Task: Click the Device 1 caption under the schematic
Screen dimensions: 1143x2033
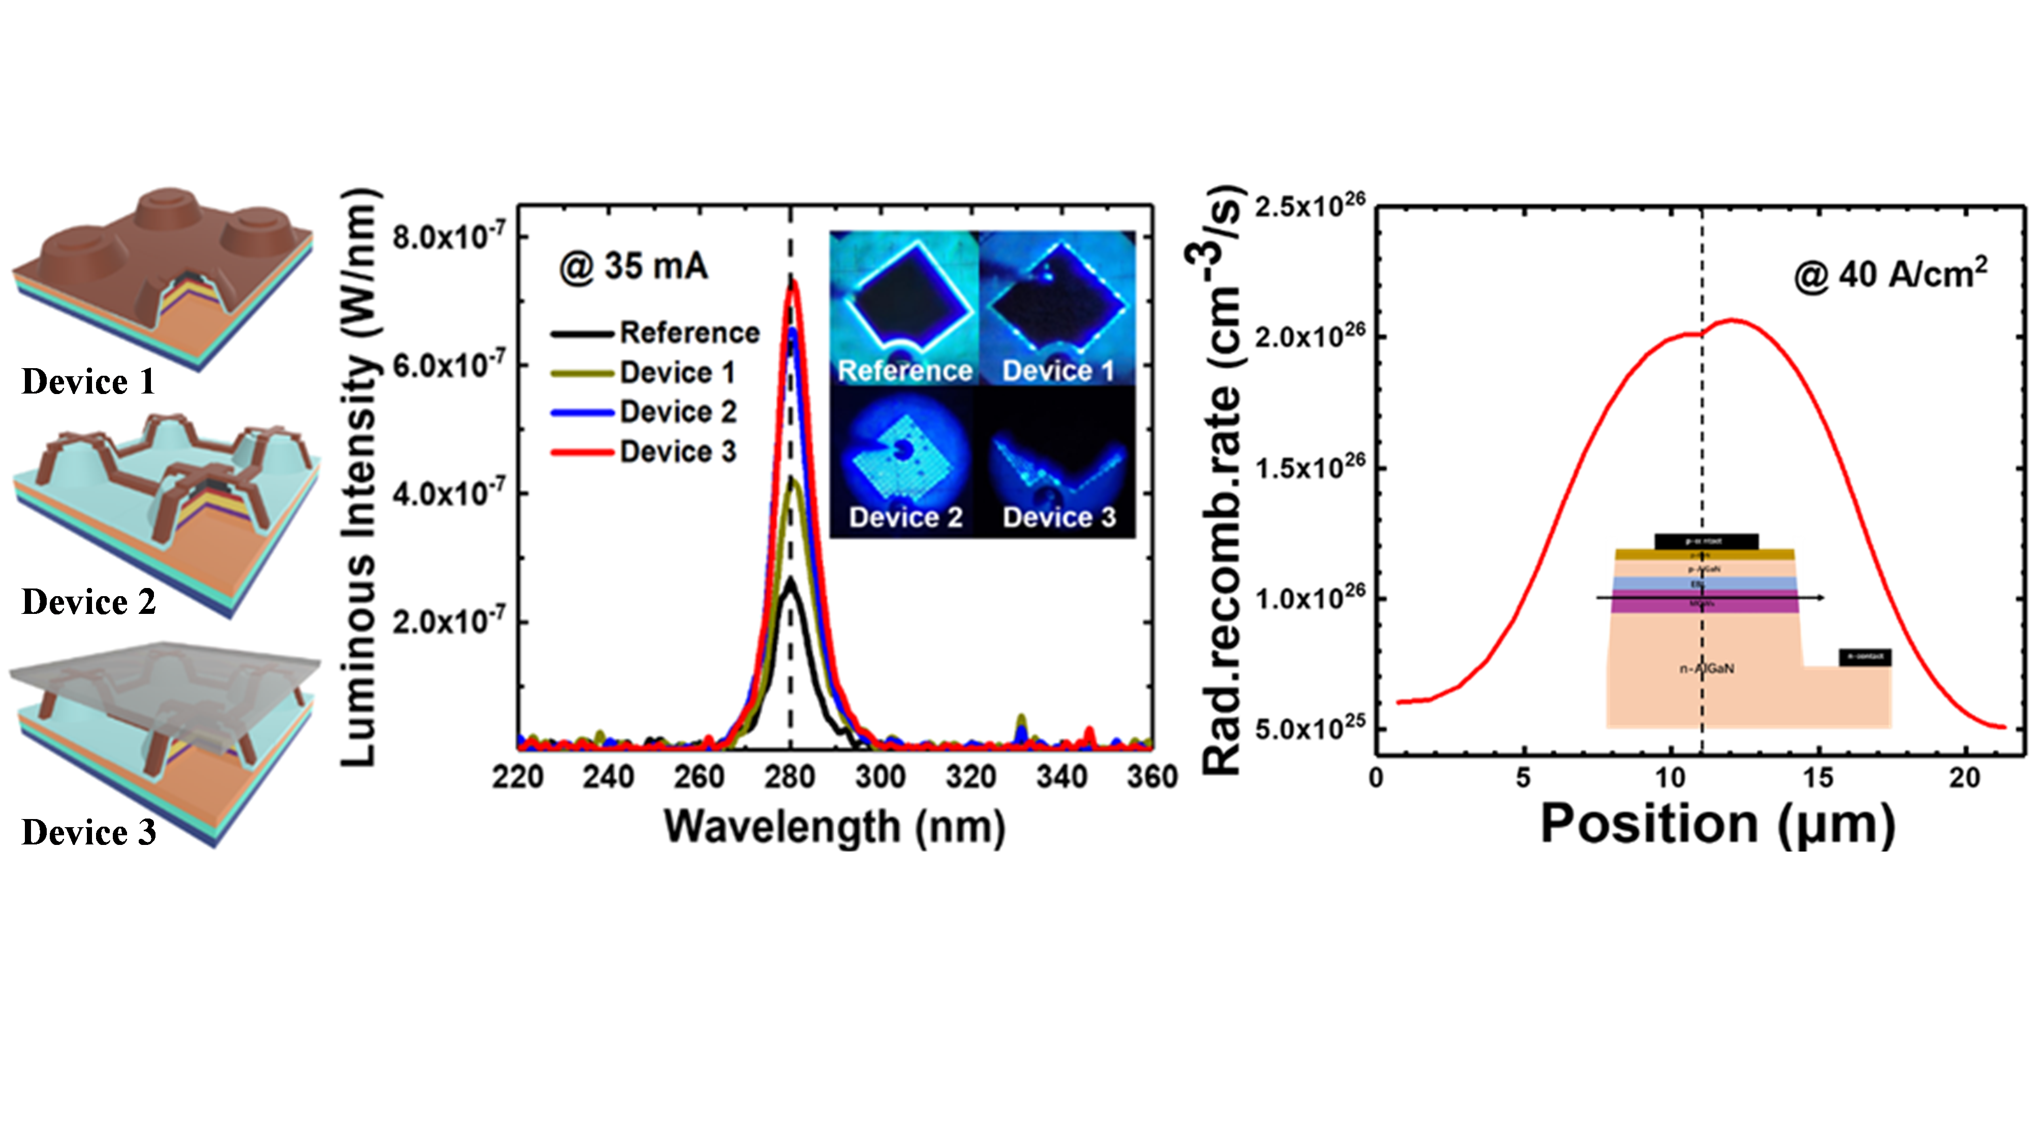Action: coord(88,382)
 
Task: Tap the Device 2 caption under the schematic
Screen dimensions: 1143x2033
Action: coord(88,602)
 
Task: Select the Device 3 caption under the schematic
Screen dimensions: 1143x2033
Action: coord(88,832)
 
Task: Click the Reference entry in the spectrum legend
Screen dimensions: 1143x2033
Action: coord(689,333)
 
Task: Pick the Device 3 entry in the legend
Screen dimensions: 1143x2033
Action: coord(677,452)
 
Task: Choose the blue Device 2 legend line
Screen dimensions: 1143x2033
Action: coord(582,412)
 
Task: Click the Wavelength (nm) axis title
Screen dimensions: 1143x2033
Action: coord(834,827)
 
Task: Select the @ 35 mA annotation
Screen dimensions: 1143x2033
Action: coord(634,267)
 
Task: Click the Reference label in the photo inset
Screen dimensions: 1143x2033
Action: coord(904,371)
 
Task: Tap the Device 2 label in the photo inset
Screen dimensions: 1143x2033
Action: coord(905,517)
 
